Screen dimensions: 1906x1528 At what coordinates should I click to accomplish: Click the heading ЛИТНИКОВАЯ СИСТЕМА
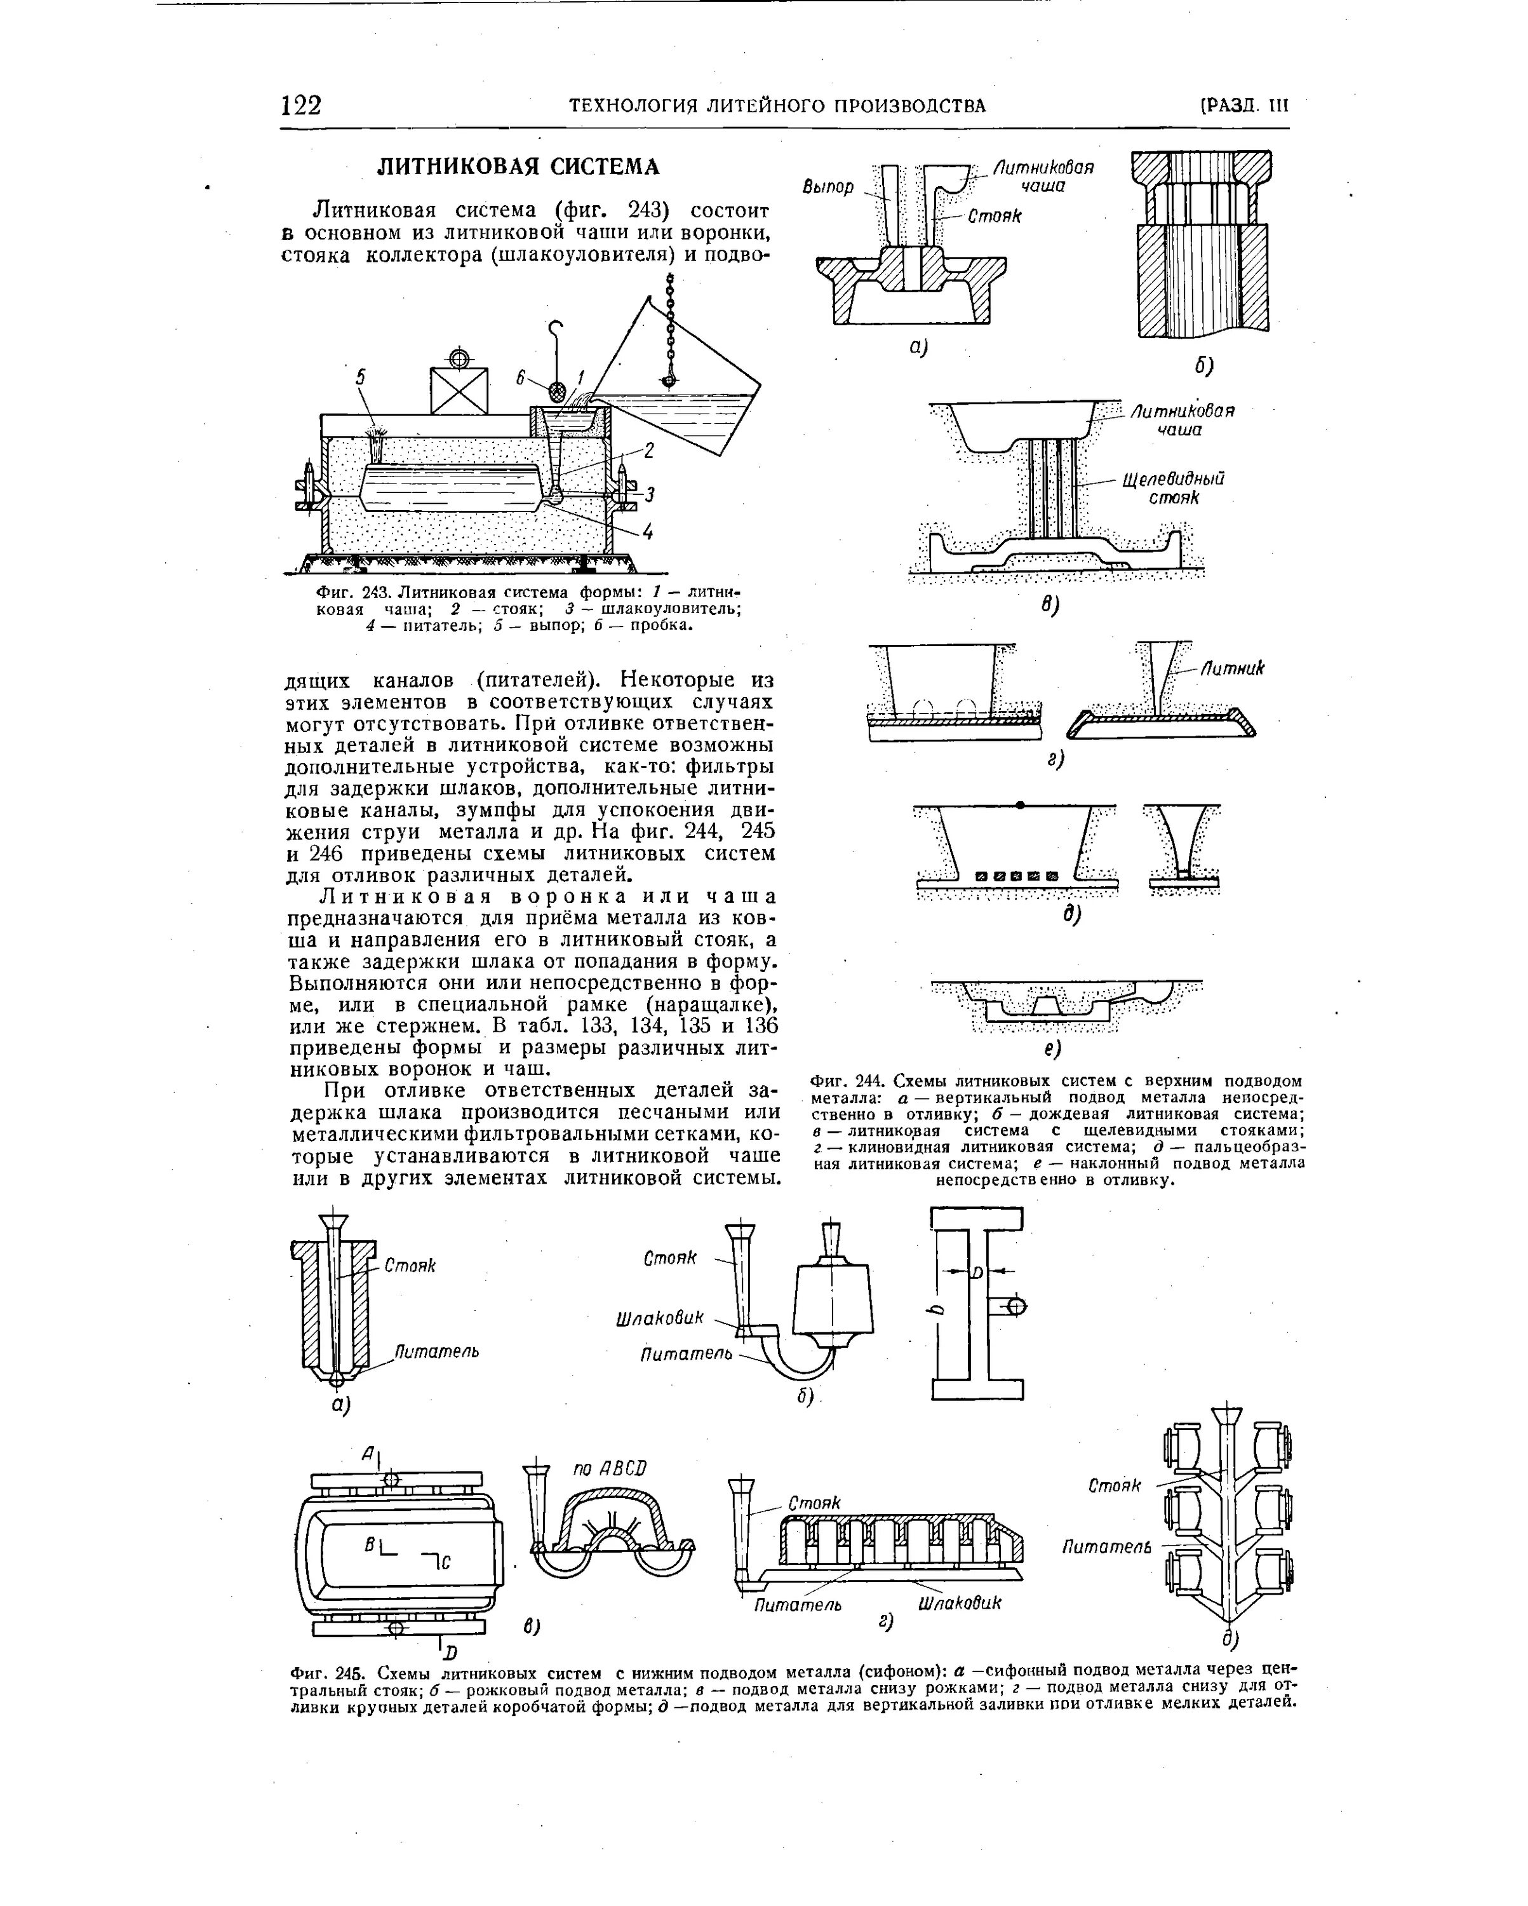pyautogui.click(x=519, y=167)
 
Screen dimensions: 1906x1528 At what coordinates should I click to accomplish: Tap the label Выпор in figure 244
pyautogui.click(x=829, y=187)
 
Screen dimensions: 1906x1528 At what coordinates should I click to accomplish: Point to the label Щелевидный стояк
pyautogui.click(x=1173, y=488)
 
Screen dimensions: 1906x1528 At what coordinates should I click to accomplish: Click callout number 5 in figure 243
pyautogui.click(x=359, y=377)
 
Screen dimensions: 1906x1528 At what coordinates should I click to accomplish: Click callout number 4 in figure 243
pyautogui.click(x=648, y=533)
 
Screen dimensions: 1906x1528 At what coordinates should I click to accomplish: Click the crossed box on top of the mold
pyautogui.click(x=459, y=390)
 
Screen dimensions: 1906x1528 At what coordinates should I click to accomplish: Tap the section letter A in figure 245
pyautogui.click(x=368, y=1452)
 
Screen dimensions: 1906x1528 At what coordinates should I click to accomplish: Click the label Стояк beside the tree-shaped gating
pyautogui.click(x=1115, y=1486)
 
